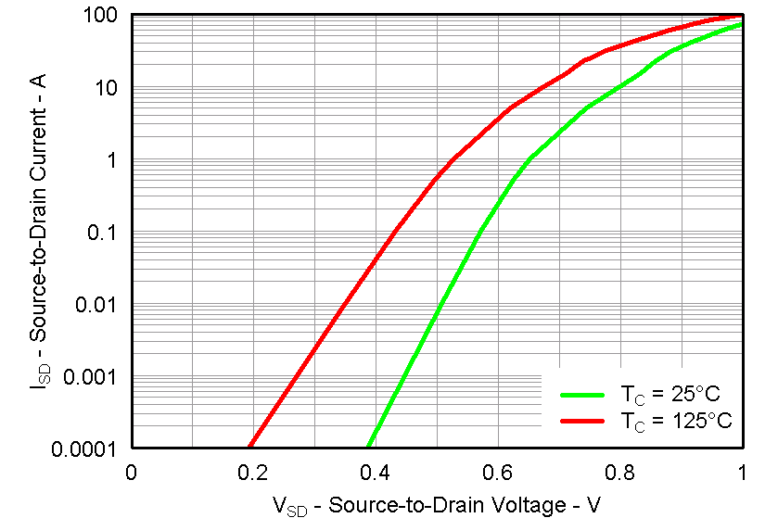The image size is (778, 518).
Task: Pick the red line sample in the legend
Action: click(x=582, y=421)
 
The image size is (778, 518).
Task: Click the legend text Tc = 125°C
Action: click(x=674, y=421)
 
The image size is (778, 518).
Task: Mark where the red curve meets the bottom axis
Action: click(x=249, y=448)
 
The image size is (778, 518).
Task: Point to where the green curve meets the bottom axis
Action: click(x=369, y=448)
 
